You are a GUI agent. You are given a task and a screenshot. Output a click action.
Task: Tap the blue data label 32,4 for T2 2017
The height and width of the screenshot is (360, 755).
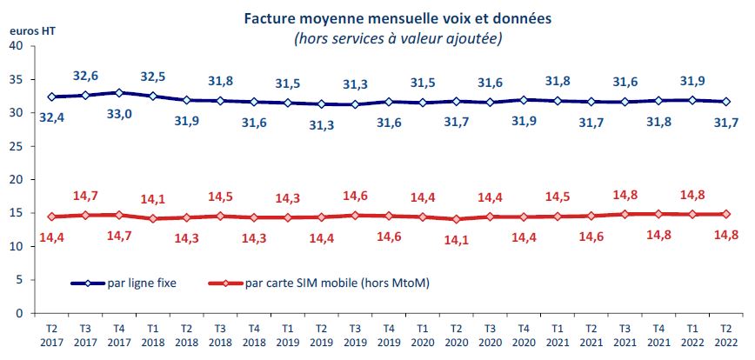point(51,116)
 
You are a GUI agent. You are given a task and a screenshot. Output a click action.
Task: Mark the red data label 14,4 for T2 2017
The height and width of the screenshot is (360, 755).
point(51,237)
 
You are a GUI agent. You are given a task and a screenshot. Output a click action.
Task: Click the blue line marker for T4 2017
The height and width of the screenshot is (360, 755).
point(119,92)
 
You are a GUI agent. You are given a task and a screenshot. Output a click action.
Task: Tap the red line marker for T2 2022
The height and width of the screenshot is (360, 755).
point(725,214)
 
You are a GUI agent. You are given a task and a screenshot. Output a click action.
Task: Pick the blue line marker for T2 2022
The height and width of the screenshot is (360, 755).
point(725,102)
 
